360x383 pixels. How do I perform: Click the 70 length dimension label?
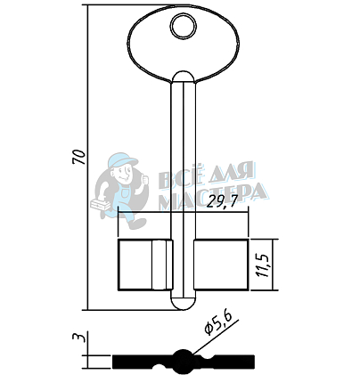[79, 157]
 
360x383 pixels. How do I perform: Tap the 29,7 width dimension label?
[222, 202]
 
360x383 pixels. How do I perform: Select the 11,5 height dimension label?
[264, 265]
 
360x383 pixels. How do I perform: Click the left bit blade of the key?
[145, 265]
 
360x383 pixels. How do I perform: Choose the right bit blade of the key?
[221, 265]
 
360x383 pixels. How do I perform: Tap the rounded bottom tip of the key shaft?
[184, 302]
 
